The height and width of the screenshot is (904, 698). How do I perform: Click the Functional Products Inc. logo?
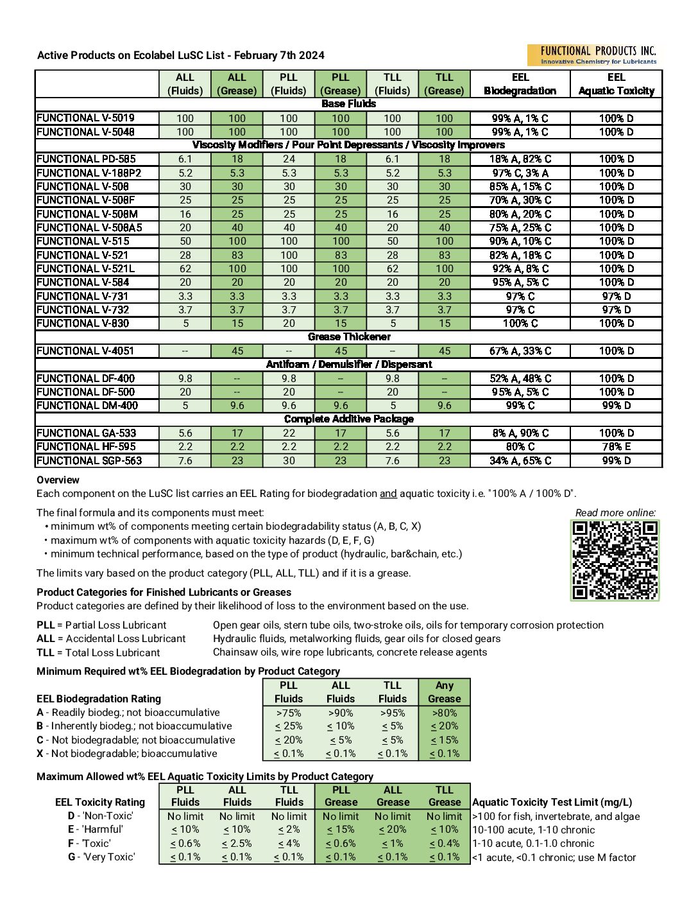click(592, 55)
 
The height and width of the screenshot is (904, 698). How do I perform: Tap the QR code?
click(615, 560)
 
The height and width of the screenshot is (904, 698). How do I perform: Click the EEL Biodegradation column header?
click(520, 84)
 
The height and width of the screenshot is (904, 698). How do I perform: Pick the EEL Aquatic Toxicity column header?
click(616, 84)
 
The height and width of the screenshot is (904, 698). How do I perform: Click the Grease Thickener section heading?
click(349, 337)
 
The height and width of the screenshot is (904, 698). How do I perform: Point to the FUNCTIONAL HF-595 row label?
click(87, 447)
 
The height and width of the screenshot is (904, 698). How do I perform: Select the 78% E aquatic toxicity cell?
click(616, 447)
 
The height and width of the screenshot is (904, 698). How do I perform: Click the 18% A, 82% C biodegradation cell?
click(520, 159)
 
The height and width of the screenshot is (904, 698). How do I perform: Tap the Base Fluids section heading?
click(349, 104)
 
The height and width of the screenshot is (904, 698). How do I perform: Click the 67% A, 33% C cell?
click(520, 351)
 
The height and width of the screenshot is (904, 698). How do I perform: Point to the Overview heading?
click(58, 480)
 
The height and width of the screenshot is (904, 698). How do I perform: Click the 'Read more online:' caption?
click(615, 512)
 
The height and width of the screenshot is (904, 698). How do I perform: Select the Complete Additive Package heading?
click(349, 419)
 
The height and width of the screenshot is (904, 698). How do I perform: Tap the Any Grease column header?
click(444, 692)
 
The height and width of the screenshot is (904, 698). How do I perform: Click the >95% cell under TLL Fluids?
click(392, 713)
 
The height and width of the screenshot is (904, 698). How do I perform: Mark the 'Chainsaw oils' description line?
click(350, 652)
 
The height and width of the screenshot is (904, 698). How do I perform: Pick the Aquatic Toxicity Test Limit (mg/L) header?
click(552, 802)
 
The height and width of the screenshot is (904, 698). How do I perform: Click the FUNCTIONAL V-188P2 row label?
click(89, 173)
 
